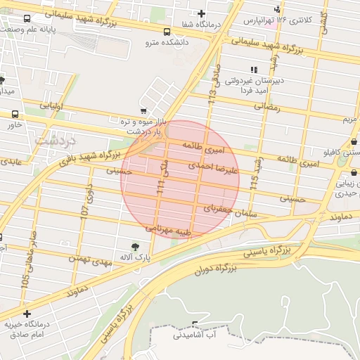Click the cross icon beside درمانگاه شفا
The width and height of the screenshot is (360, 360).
click(202, 13)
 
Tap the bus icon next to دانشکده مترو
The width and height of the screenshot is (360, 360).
click(167, 32)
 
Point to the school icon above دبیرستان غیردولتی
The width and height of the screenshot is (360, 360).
click(254, 69)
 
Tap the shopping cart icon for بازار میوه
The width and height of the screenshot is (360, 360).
click(143, 110)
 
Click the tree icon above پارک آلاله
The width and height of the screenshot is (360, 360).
click(135, 246)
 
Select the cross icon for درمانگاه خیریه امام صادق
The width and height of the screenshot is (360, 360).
click(27, 314)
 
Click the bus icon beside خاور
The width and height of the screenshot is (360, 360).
click(15, 114)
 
